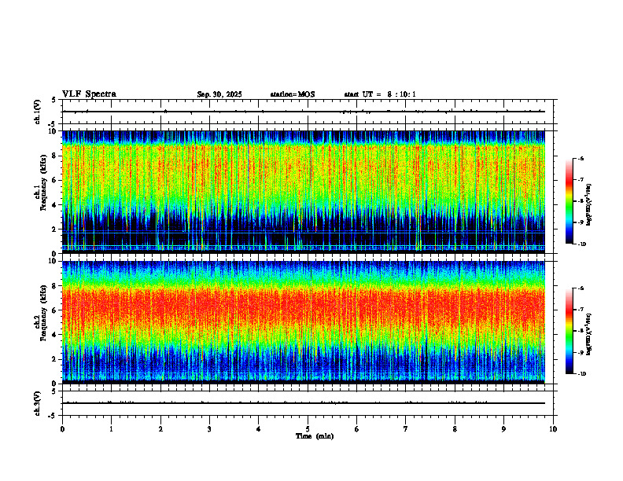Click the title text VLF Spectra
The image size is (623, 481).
(89, 94)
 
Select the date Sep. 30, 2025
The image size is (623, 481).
(219, 94)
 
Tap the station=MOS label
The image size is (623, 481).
(292, 94)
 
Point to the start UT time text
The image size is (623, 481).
(380, 94)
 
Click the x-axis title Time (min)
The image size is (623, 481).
(314, 435)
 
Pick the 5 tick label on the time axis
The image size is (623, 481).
(308, 428)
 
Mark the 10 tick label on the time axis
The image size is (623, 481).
(554, 428)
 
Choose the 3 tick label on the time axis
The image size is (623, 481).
(210, 428)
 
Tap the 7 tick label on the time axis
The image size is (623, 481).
(406, 428)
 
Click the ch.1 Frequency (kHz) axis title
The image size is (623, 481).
(40, 192)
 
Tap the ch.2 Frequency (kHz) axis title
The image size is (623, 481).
(40, 321)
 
